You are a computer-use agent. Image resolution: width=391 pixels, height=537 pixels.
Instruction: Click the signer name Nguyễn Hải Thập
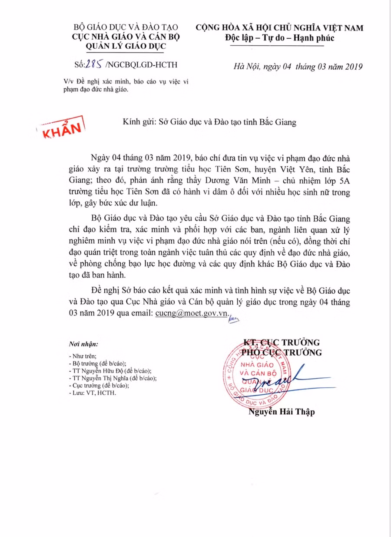click(x=282, y=412)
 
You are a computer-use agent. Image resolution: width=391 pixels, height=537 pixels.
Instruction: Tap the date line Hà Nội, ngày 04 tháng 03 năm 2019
click(x=298, y=67)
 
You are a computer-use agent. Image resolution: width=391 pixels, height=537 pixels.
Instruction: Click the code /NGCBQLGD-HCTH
click(x=141, y=65)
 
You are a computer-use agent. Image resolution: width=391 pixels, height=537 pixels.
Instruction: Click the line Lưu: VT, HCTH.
click(x=93, y=393)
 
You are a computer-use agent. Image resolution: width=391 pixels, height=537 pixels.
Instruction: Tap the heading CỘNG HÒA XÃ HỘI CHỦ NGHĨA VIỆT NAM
click(x=279, y=28)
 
